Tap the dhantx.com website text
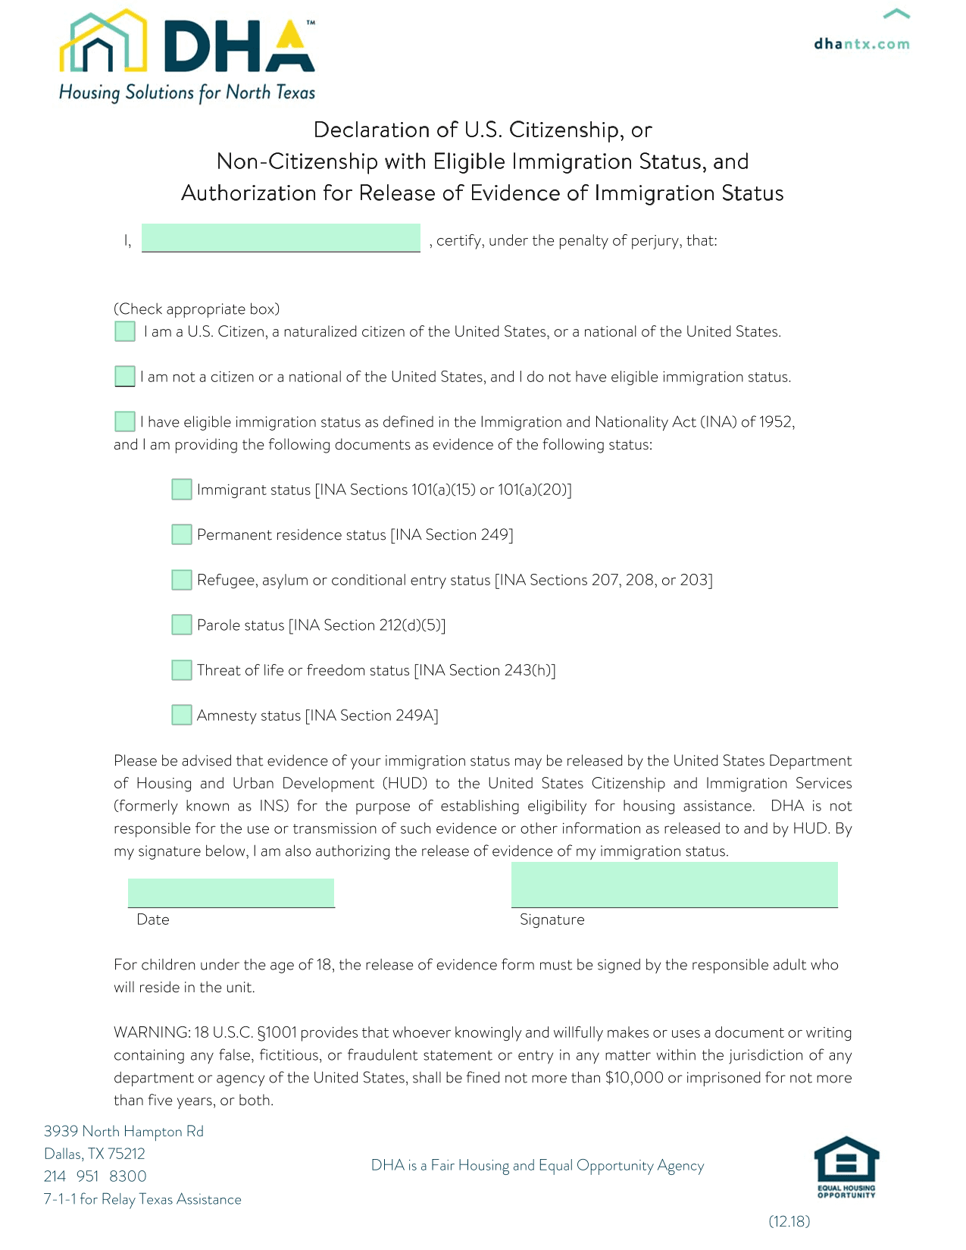[861, 44]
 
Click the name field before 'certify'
[280, 237]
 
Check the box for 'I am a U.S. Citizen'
[125, 331]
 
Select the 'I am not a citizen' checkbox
[125, 376]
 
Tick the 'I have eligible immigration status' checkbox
[125, 421]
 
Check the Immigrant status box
[182, 489]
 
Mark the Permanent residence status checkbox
[182, 534]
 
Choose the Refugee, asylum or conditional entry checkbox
[182, 580]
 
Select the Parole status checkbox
[182, 625]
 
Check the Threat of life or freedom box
[182, 670]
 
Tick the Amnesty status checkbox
[182, 715]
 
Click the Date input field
[231, 893]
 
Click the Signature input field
[674, 885]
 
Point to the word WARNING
[152, 1032]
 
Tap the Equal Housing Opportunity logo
[846, 1167]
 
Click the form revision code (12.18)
[789, 1221]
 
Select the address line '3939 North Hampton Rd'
[123, 1131]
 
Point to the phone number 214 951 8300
[95, 1176]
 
